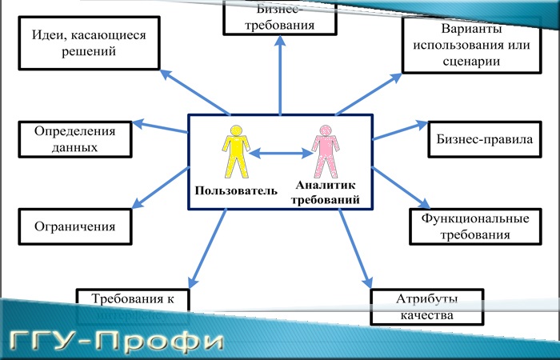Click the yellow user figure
tap(236, 151)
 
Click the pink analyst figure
tap(325, 151)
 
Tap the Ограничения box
tap(74, 226)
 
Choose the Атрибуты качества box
tap(426, 307)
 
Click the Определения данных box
tap(75, 138)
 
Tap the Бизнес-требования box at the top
tap(279, 17)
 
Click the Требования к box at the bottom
tap(133, 298)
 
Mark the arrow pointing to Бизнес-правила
tap(402, 130)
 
